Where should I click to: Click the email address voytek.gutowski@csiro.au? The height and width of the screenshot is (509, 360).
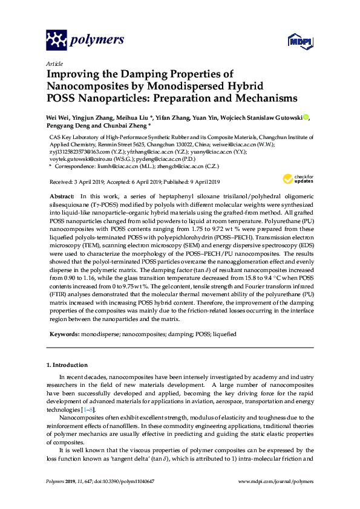point(79,159)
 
